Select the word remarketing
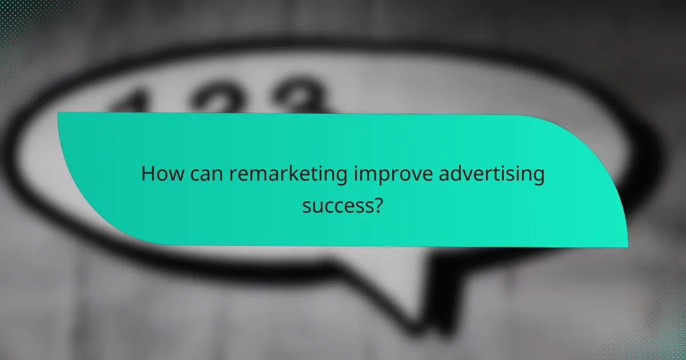[x=285, y=174]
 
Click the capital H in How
[x=147, y=174]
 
